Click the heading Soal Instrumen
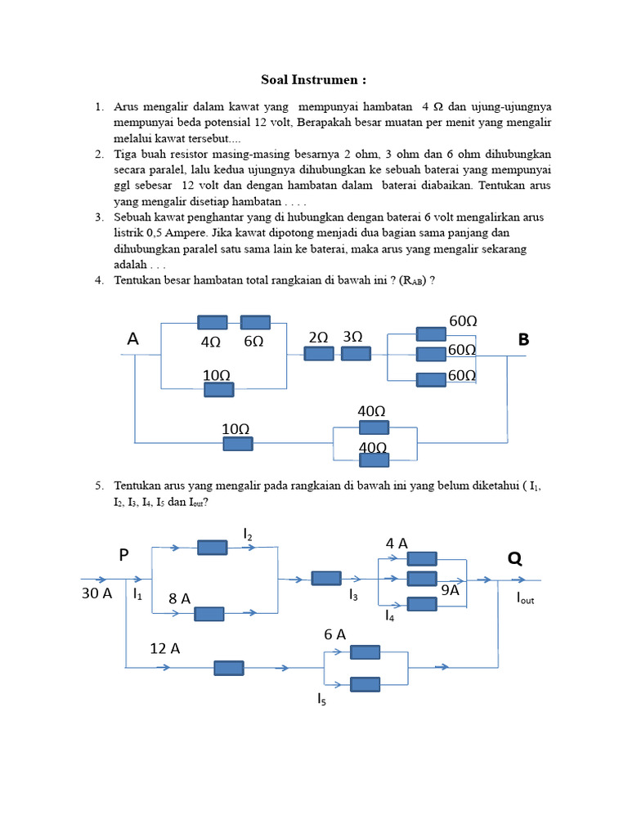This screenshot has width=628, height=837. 313,79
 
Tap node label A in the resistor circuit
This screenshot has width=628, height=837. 132,339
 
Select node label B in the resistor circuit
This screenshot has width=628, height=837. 524,339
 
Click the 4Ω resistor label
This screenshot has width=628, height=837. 211,342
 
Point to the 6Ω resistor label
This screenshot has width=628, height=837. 253,342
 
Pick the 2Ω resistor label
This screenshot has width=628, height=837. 318,337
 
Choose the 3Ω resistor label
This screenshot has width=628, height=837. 353,337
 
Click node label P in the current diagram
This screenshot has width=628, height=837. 124,556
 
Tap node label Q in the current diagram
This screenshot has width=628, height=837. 514,558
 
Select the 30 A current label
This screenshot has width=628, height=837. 96,594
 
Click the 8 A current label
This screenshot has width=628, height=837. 180,599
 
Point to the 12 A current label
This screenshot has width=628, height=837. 164,648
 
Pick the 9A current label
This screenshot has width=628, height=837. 450,589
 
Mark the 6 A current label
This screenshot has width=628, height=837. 335,634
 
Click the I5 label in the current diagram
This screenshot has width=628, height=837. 322,699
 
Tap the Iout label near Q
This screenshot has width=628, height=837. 524,598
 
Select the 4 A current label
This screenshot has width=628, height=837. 397,544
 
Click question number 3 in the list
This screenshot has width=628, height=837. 98,217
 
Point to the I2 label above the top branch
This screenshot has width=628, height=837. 248,534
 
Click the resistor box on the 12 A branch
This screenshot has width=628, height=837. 229,668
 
